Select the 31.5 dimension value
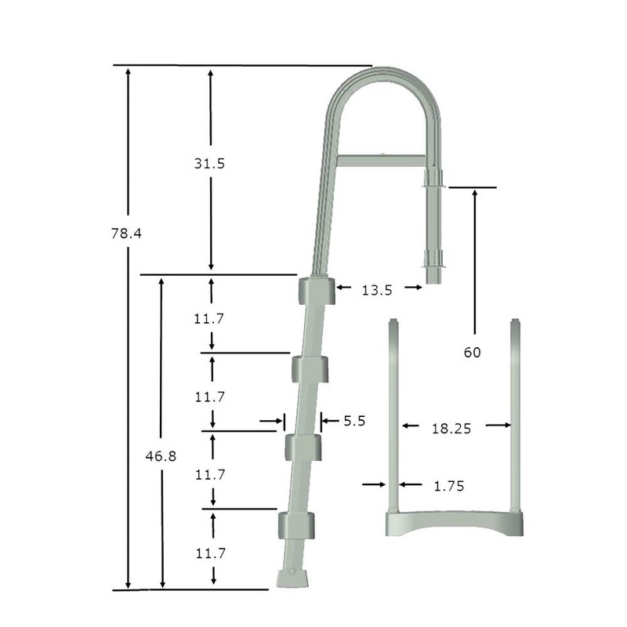[210, 164]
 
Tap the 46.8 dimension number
[160, 456]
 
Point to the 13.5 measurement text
[377, 289]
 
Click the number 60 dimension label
[472, 353]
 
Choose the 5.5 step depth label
[354, 422]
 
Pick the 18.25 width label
[445, 428]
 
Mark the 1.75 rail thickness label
[449, 486]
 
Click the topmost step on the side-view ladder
[316, 290]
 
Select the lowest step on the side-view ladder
[296, 524]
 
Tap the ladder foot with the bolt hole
[292, 576]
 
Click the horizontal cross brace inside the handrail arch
[382, 161]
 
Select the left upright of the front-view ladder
[395, 415]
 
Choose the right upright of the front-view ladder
[515, 415]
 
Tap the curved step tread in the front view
[455, 523]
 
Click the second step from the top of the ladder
[310, 368]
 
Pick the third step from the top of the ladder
[303, 446]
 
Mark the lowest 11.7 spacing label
[210, 553]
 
